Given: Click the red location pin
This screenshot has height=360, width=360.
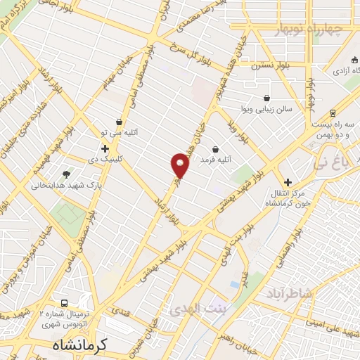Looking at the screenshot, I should point(180,165).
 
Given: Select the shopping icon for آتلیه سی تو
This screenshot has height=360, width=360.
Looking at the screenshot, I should point(119,122).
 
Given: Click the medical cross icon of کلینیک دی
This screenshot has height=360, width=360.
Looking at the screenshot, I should point(105,148).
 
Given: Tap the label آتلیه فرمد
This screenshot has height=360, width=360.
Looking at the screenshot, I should point(216,160).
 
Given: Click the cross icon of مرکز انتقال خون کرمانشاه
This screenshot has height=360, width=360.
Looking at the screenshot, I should point(288,182).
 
